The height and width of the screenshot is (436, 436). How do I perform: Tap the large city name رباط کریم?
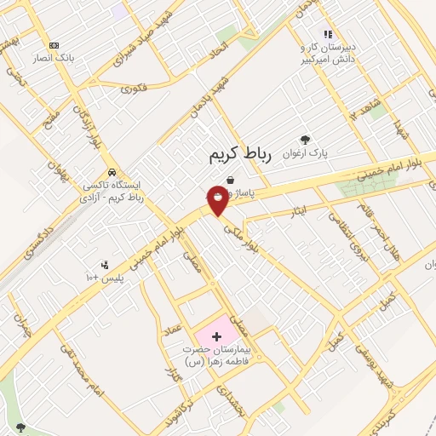(x=239, y=155)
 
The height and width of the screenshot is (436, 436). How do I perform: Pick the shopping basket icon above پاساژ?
(x=232, y=180)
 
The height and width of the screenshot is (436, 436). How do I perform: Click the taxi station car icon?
(x=124, y=169)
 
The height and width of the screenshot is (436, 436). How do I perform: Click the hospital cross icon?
(x=215, y=337)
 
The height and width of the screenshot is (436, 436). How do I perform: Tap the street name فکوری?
(x=134, y=88)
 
